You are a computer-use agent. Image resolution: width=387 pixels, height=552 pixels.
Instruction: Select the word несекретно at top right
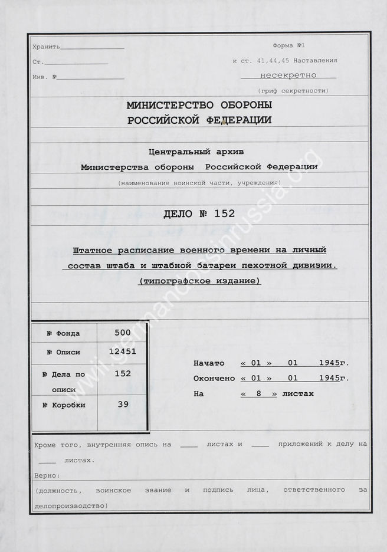288,75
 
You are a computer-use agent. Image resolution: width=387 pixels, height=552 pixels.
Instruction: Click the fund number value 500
123,333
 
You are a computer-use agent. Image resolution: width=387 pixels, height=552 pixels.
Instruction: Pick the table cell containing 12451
123,351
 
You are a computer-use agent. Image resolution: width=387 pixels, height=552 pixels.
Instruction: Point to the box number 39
123,404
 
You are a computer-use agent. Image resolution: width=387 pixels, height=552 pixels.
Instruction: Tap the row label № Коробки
64,405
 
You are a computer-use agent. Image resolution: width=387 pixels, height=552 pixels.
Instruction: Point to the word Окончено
214,378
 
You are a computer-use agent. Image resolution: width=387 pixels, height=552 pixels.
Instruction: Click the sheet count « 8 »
259,393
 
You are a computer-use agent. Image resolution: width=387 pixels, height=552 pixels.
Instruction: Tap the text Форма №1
289,45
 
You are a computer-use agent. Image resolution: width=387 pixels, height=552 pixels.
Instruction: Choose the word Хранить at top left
46,46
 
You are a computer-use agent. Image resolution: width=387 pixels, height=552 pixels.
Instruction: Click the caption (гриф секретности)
293,90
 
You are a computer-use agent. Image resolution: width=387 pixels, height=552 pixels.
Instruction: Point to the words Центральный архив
199,152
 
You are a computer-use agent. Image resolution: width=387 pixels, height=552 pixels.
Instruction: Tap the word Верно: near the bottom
47,475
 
